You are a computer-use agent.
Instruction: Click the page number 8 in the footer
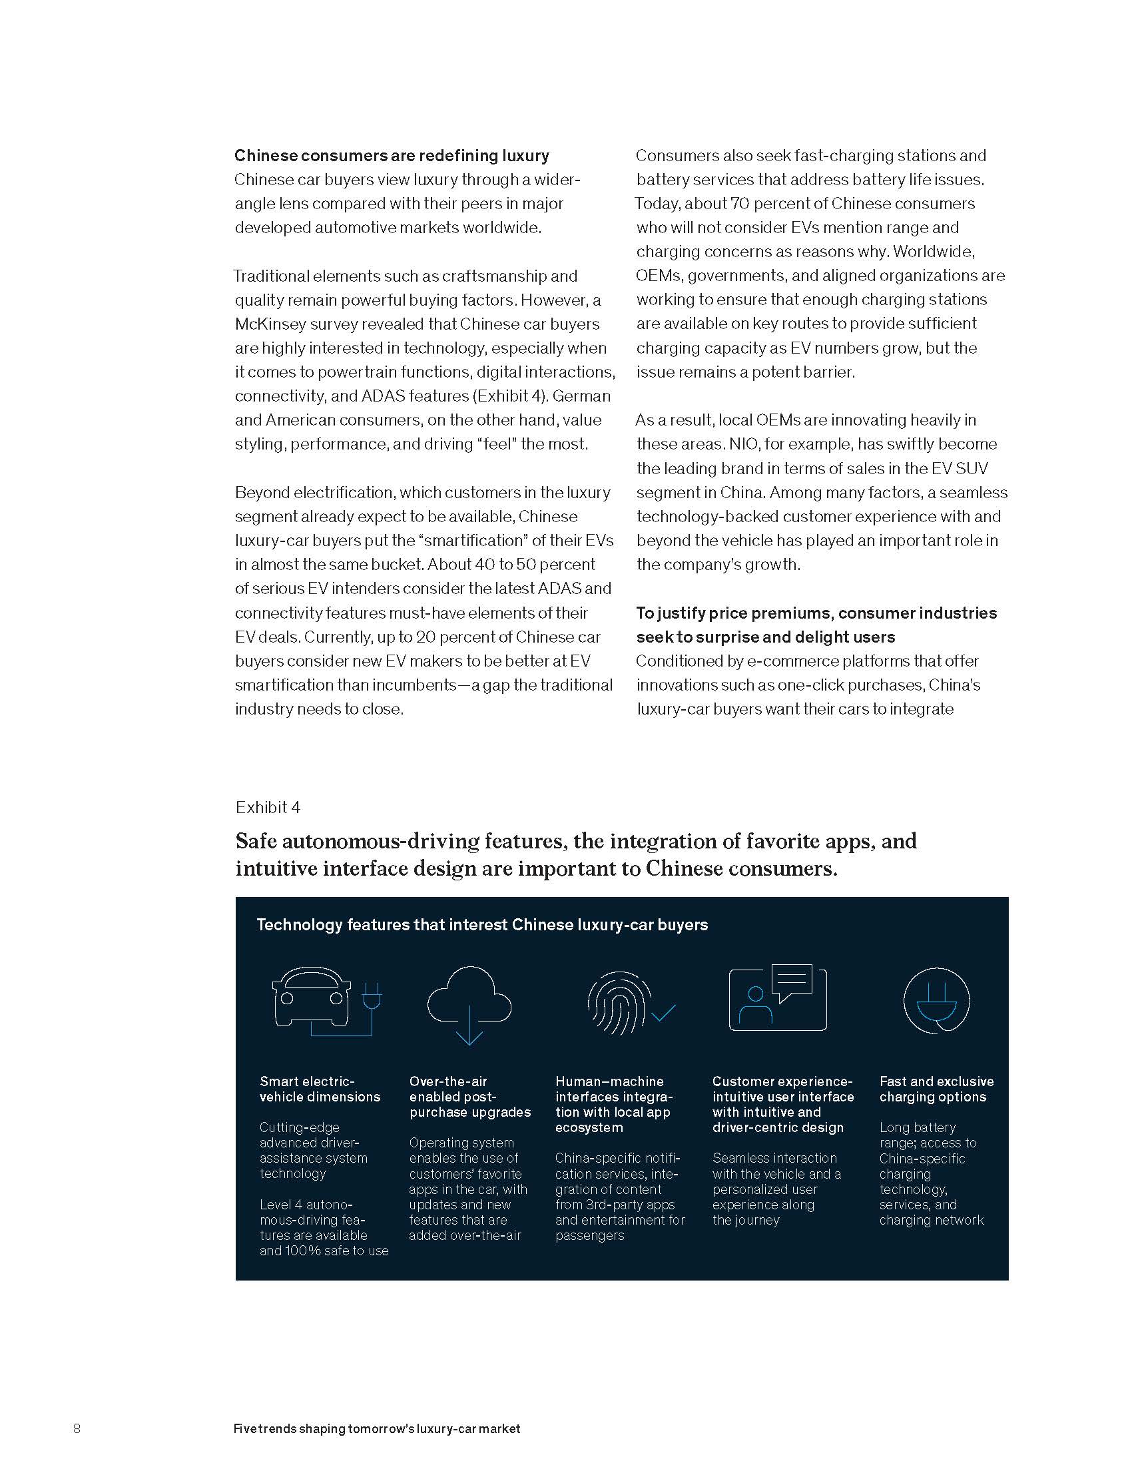77,1428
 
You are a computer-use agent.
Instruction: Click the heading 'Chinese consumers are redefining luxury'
392,156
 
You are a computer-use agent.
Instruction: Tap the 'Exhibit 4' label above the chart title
268,807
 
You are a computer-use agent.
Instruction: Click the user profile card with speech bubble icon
777,998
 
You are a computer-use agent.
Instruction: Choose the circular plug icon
936,1000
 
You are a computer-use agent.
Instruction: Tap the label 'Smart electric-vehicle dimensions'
319,1089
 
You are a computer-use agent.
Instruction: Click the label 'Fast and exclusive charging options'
936,1089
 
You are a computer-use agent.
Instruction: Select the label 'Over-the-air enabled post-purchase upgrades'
469,1097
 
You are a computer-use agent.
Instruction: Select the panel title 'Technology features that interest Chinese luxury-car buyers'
482,924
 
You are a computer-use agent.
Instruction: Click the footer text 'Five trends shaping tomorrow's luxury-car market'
377,1429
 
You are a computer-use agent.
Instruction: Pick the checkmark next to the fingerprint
663,1012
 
